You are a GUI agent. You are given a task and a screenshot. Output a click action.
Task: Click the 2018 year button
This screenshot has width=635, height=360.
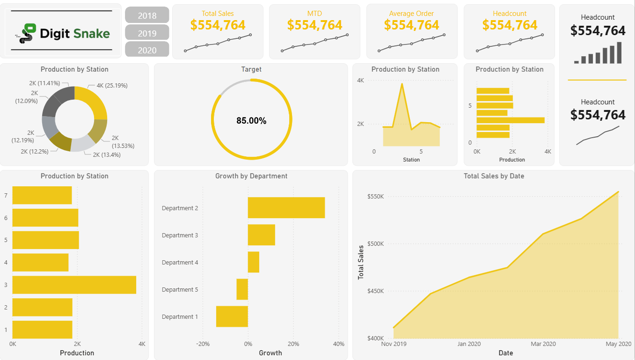tap(147, 15)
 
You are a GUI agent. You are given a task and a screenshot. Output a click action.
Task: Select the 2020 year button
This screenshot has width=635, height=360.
tap(147, 50)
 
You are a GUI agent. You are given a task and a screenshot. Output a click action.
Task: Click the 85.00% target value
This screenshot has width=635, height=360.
tap(251, 121)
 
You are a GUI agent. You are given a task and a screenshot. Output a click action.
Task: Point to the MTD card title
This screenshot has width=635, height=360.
tap(314, 14)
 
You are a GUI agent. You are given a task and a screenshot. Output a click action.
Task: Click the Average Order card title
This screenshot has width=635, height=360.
tap(411, 14)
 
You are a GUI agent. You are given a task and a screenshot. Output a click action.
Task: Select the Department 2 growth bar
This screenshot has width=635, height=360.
tap(286, 208)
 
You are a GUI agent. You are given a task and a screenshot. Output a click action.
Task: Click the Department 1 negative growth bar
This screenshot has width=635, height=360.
tap(232, 316)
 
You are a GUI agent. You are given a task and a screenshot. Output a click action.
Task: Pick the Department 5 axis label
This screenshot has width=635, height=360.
tap(180, 290)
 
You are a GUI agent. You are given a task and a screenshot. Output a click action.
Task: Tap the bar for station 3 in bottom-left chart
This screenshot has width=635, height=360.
tap(74, 285)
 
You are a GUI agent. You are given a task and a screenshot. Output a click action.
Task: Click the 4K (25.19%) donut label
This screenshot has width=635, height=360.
tap(112, 86)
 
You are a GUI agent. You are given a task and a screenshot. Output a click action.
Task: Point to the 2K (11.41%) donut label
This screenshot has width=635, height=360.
tap(44, 83)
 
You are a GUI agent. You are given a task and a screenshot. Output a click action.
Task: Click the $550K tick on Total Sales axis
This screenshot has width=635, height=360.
tap(375, 197)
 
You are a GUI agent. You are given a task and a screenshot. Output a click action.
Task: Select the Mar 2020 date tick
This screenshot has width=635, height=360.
tap(543, 344)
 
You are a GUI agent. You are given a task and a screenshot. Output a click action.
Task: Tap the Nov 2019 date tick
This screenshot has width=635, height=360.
tap(394, 344)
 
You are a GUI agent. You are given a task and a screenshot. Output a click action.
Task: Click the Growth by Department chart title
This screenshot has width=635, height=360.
tap(251, 176)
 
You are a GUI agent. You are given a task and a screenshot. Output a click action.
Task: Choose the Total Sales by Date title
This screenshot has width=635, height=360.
tap(494, 176)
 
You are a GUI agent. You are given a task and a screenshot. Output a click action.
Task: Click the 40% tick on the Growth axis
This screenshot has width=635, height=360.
tap(338, 344)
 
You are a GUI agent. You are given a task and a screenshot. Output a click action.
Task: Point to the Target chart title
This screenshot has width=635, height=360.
tap(251, 69)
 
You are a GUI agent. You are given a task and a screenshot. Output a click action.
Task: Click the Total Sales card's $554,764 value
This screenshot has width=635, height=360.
tap(218, 25)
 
